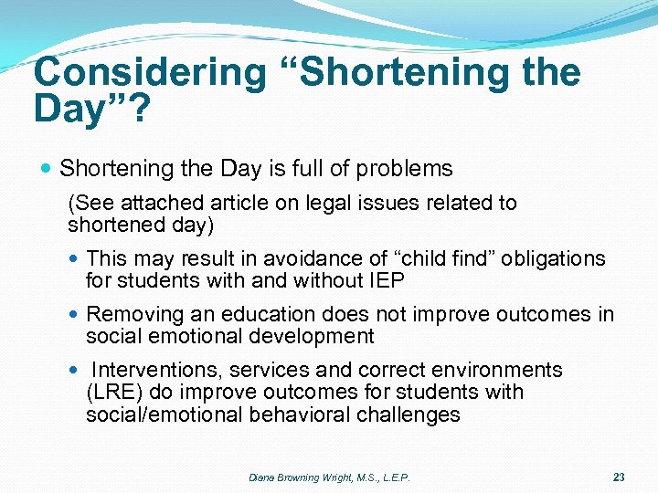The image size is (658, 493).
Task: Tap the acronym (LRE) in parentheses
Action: pos(111,393)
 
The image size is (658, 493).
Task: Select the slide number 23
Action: pos(619,477)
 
